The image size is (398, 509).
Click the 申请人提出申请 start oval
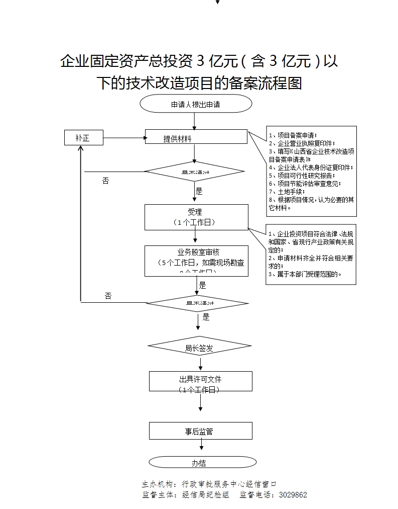point(196,105)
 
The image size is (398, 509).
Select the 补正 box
point(84,137)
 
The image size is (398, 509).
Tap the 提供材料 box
point(196,137)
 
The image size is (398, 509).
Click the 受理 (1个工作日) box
point(196,217)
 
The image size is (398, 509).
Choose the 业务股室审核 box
point(196,261)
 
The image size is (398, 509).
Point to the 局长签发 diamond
point(199,347)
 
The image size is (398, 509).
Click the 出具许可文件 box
point(200,381)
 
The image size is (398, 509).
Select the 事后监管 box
point(200,431)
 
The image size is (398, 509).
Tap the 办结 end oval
point(199,462)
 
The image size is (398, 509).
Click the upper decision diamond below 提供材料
point(194,172)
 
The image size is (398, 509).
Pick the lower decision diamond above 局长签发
point(197,303)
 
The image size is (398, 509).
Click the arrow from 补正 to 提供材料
point(124,137)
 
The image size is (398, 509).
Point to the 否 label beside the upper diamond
point(105,181)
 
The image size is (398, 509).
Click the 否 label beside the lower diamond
point(108,296)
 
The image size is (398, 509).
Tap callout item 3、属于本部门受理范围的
point(306,274)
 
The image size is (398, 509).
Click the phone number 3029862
point(293,495)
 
